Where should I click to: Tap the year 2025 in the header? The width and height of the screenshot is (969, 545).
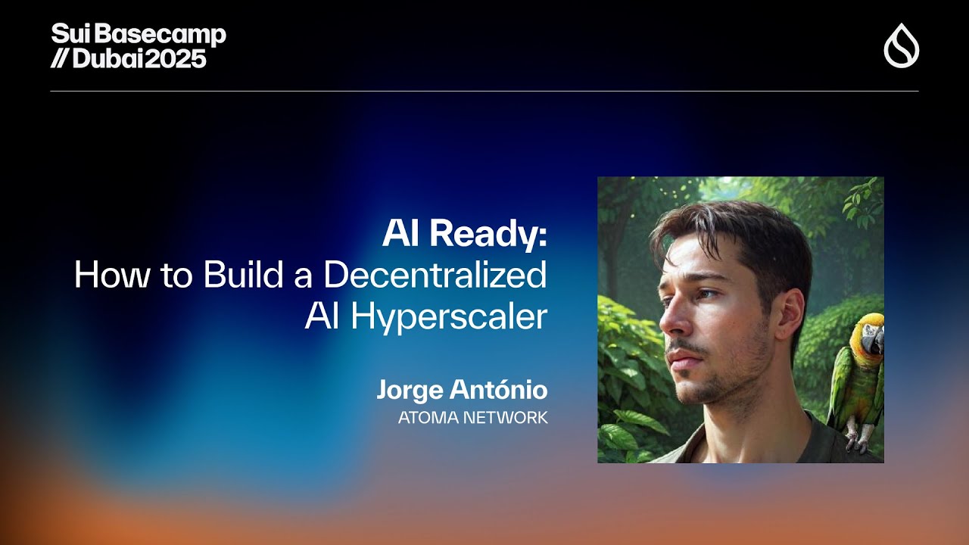[x=175, y=58]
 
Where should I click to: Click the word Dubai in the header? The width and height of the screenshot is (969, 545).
[x=107, y=58]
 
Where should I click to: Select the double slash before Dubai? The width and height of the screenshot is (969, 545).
[x=60, y=58]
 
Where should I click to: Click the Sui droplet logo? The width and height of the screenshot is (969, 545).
[x=902, y=45]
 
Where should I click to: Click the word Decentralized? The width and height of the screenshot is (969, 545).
[x=435, y=274]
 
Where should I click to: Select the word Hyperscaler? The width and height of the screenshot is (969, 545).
[x=449, y=317]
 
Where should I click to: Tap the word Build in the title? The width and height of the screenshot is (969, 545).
[x=243, y=274]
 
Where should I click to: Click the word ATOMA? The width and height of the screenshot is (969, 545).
[x=428, y=418]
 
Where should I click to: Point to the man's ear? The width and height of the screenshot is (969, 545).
[x=793, y=316]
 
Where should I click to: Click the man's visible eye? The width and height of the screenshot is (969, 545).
[x=706, y=294]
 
